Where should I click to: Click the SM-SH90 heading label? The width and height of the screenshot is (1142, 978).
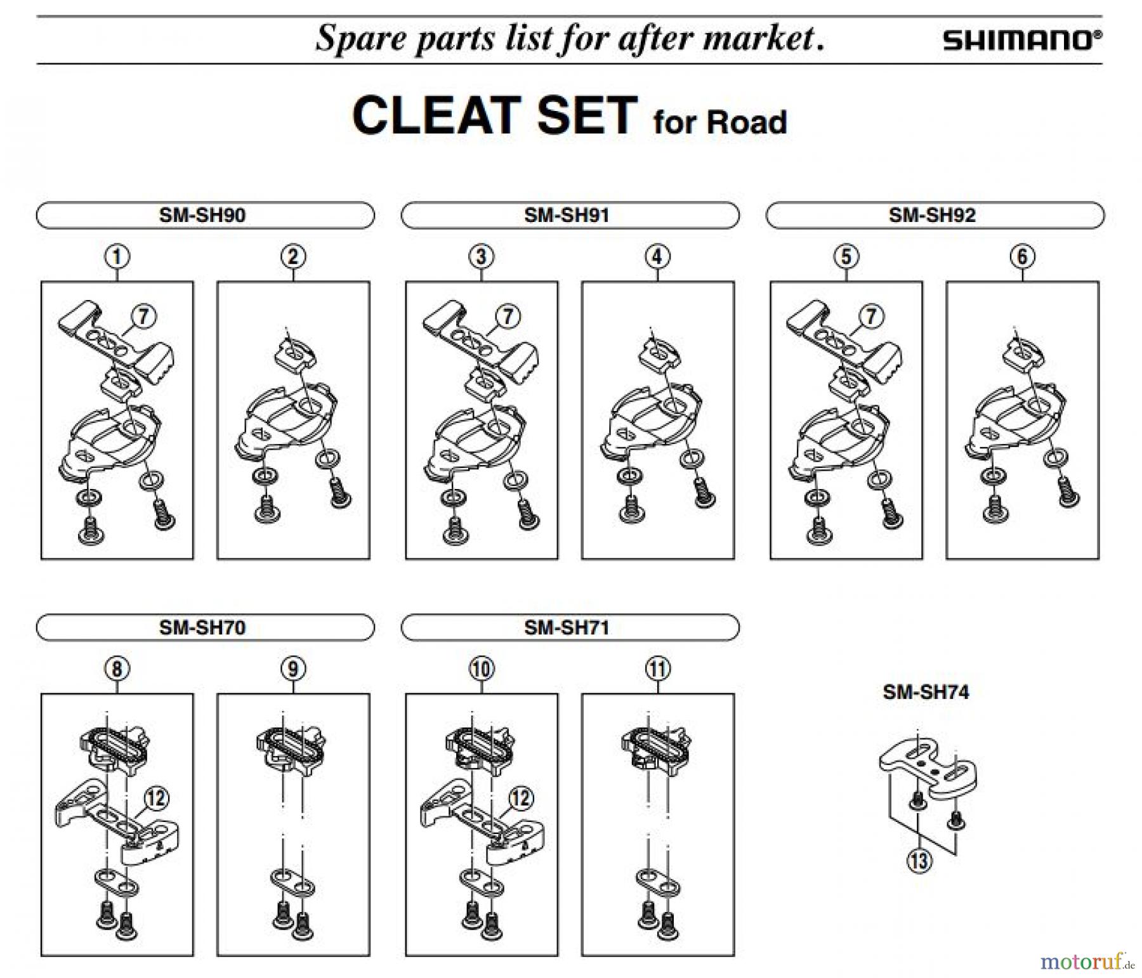coord(202,215)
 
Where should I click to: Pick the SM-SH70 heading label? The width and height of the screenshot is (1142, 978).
coord(202,627)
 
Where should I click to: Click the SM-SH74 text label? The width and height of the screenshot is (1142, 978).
coord(926,691)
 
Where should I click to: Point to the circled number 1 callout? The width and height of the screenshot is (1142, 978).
coord(117,257)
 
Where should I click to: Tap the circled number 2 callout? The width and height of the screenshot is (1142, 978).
coord(293,257)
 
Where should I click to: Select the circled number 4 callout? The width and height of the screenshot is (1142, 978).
coord(657,257)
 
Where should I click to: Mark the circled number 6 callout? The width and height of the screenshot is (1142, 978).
coord(1022,257)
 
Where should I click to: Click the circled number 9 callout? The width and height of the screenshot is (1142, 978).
coord(293,668)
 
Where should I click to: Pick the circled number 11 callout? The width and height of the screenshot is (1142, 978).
coord(657,668)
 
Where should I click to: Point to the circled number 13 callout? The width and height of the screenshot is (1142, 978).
coord(919,861)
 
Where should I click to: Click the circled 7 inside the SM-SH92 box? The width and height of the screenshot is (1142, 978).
coord(872,316)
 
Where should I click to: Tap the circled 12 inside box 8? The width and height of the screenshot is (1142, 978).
coord(155,798)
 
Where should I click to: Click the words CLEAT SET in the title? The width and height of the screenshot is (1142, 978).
coord(494,116)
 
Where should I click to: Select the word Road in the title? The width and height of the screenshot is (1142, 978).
coord(746,122)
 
